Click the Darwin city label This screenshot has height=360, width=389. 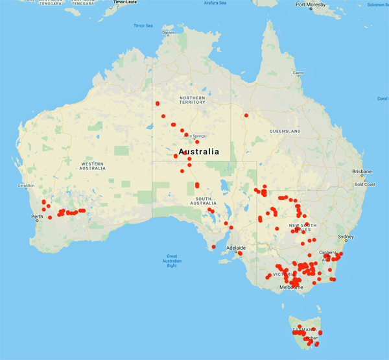coord(168,32)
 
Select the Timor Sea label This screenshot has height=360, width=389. coord(143,26)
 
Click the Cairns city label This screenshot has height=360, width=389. coord(298,73)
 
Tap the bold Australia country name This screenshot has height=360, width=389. coord(198,152)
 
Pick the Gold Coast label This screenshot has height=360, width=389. coord(364,184)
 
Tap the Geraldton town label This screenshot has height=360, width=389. coord(25,186)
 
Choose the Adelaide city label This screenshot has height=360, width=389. coord(236,248)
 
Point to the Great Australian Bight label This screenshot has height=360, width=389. coord(172,260)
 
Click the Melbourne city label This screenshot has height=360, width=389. coord(292,287)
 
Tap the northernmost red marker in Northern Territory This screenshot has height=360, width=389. coord(157,103)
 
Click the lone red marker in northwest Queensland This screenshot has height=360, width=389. coord(246,115)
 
